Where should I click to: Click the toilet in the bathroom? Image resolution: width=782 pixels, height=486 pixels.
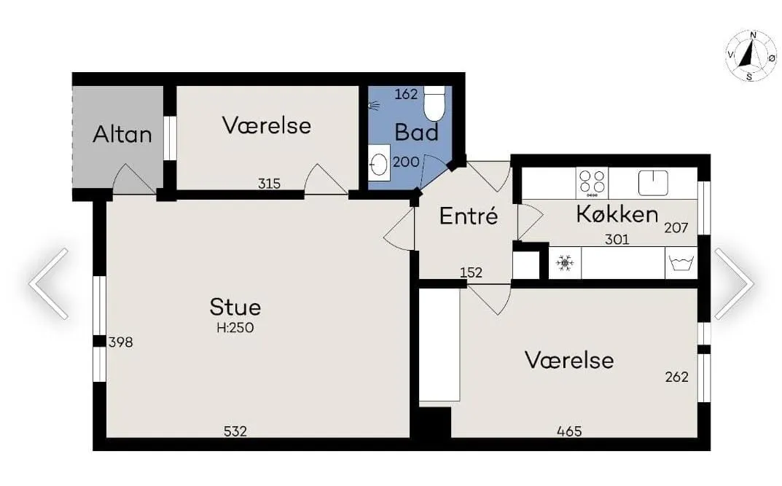point(434,103)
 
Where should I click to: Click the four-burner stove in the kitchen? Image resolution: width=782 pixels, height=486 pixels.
point(592,183)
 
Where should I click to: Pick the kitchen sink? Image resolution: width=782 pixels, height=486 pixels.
point(653,182)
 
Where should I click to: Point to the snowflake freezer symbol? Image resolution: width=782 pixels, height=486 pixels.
point(564,263)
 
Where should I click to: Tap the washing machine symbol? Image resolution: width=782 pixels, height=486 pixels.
point(681,263)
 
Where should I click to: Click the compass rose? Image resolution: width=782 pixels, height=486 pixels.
point(751,55)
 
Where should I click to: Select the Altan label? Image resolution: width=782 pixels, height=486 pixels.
point(122,134)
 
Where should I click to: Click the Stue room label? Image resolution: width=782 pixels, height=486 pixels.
point(235,307)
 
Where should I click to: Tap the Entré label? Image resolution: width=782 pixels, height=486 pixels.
point(469,216)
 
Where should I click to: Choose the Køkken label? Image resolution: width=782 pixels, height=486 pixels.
point(617,214)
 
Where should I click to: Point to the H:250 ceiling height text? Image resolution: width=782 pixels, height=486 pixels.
point(235,328)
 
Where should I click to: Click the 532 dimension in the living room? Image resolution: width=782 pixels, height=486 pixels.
point(235,431)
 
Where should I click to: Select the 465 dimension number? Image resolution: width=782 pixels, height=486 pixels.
point(569,431)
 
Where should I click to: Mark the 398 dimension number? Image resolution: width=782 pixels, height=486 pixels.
point(120,342)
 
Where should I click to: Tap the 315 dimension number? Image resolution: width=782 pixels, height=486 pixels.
point(269,184)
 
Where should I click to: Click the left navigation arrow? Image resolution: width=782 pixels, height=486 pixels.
point(49,283)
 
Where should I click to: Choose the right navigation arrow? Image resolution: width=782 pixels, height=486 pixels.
point(733,283)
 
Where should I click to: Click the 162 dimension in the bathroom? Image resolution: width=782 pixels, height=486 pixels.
point(406,94)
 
